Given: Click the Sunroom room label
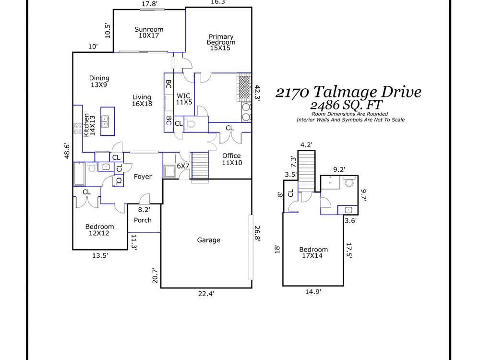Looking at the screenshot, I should click(149, 33).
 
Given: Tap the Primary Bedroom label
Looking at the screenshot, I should click(221, 42).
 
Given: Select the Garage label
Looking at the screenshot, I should click(209, 240).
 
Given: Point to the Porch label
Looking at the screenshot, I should click(143, 220).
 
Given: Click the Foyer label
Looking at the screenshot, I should click(143, 177).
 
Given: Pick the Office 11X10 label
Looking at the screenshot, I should click(231, 159).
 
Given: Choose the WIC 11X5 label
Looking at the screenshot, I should click(184, 99).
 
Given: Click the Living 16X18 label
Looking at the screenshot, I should click(142, 100).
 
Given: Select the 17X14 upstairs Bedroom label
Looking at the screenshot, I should click(313, 252).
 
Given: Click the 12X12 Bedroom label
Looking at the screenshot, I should click(100, 230).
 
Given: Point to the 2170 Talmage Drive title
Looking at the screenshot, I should click(348, 92).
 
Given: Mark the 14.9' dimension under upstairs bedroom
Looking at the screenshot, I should click(313, 291).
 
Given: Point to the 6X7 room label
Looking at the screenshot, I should click(183, 166).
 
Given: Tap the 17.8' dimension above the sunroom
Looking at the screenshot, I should click(149, 4).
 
